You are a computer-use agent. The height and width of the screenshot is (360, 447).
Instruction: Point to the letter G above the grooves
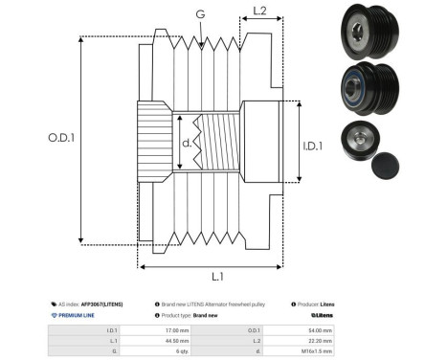coord(199,14)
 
